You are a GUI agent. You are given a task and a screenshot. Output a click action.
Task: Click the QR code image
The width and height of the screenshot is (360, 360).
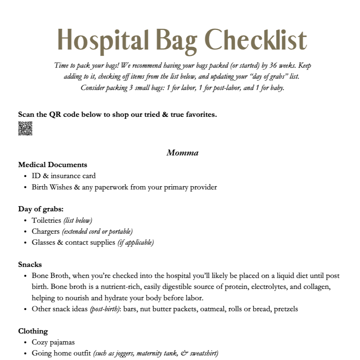click(25, 129)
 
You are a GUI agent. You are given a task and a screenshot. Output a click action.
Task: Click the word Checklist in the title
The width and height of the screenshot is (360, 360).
click(257, 40)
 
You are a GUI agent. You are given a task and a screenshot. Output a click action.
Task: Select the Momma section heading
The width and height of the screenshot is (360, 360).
click(182, 153)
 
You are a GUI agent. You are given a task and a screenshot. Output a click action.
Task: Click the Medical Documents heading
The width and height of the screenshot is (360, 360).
click(53, 165)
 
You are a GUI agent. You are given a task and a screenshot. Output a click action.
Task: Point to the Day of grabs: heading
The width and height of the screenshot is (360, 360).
click(41, 209)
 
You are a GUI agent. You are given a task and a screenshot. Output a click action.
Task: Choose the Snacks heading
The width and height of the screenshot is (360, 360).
click(30, 264)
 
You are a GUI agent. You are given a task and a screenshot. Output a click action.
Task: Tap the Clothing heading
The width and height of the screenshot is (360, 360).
click(33, 331)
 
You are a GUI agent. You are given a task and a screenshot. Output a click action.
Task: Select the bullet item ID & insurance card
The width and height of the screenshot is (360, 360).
click(64, 176)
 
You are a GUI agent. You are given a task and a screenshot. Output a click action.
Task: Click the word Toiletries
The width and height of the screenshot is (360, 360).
click(46, 220)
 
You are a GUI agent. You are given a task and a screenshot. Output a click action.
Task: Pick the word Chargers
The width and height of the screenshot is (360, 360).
click(45, 231)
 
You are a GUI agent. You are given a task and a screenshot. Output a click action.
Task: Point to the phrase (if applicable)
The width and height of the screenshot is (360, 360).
click(135, 242)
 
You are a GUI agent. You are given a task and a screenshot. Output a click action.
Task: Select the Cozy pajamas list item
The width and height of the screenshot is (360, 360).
click(53, 342)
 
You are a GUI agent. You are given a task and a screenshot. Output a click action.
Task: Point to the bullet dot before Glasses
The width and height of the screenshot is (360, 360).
click(25, 243)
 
